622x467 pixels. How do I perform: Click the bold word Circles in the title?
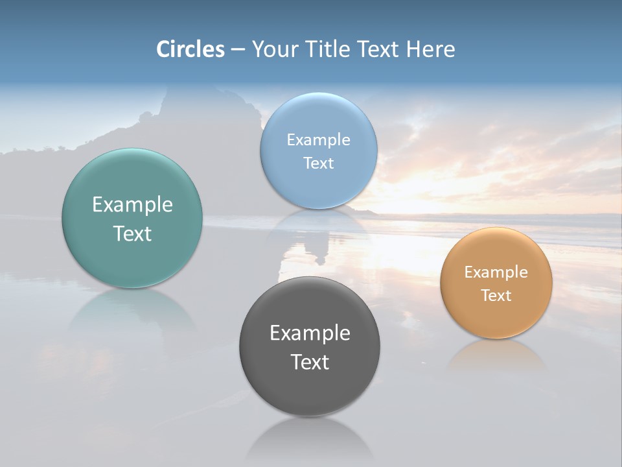point(190,49)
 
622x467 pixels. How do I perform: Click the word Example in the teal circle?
point(132,205)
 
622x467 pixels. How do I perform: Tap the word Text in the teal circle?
point(132,233)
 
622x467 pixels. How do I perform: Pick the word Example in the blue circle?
point(318,140)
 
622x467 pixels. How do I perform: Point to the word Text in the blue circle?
point(318,163)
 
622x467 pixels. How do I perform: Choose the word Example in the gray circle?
point(310,333)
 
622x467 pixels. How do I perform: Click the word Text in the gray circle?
point(310,362)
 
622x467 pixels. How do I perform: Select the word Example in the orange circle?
point(496,272)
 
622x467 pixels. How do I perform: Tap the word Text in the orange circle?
point(496,295)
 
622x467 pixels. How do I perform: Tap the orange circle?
point(496,318)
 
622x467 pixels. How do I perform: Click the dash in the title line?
point(238,50)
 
